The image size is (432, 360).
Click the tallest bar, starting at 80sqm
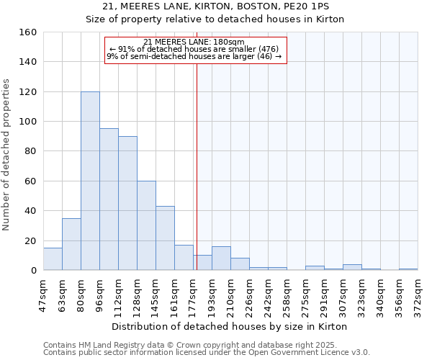click(90, 181)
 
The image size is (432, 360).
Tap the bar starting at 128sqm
click(146, 225)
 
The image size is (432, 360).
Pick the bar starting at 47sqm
click(53, 259)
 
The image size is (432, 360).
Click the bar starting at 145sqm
click(165, 238)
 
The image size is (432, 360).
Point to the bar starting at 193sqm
click(221, 258)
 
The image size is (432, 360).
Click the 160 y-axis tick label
click(27, 32)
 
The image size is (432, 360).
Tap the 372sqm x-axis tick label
click(418, 294)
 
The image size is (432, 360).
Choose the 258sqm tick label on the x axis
click(287, 294)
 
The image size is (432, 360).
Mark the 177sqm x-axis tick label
click(193, 294)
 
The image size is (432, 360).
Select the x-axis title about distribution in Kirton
click(230, 326)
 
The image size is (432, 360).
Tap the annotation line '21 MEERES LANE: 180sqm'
click(194, 42)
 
